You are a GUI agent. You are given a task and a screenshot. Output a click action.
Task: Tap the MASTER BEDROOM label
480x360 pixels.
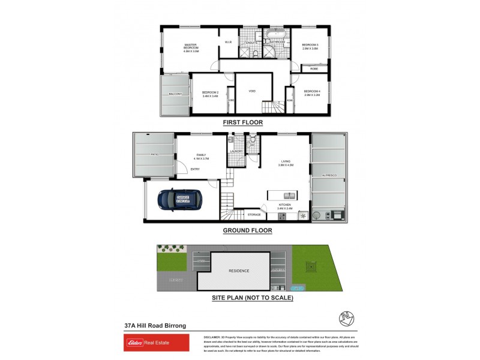(191, 47)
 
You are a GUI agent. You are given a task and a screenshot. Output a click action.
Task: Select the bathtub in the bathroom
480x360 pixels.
(277, 34)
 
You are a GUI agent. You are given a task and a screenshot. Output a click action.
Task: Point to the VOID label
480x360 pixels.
(252, 91)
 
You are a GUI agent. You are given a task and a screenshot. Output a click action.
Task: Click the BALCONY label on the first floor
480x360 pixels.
(175, 94)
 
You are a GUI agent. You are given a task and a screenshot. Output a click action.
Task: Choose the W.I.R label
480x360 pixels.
(228, 42)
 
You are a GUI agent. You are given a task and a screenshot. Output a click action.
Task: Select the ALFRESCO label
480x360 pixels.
(329, 176)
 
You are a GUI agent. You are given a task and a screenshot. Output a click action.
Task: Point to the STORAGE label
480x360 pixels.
(254, 214)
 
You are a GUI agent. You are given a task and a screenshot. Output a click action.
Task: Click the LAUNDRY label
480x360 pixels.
(236, 151)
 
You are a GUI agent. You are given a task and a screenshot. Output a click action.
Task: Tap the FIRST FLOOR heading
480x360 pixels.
(242, 122)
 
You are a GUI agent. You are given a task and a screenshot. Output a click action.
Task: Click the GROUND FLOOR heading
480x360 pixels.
(247, 230)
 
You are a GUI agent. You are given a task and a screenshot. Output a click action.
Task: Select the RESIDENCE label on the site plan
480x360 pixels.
(239, 271)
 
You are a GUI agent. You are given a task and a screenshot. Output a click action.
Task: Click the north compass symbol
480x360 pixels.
(336, 317)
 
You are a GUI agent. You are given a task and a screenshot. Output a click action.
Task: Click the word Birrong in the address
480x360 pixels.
(173, 326)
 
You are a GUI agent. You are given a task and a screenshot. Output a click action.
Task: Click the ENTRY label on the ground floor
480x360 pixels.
(195, 169)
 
